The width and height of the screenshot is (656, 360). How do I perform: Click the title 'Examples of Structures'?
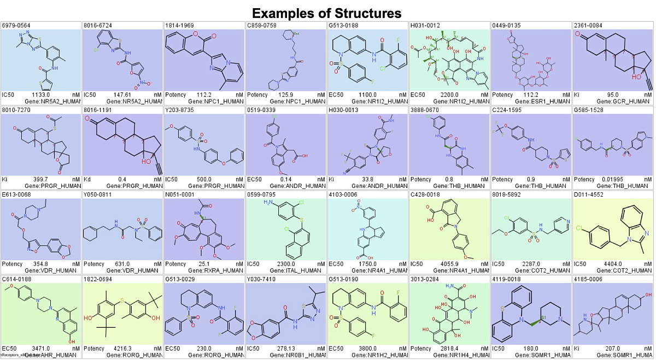(327, 13)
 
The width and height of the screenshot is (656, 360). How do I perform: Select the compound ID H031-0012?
(424, 25)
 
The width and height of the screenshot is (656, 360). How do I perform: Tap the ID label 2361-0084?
(588, 25)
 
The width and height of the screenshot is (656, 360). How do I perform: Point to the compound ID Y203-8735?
(179, 109)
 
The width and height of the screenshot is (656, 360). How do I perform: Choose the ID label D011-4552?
(588, 193)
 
